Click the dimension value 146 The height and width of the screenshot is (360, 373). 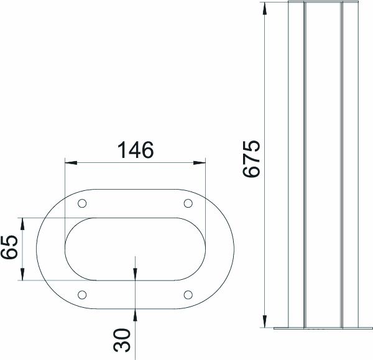[x=136, y=150]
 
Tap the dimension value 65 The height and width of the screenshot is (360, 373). [x=9, y=248]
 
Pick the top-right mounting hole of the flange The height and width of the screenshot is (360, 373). [x=188, y=203]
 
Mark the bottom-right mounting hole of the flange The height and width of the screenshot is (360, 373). [x=188, y=294]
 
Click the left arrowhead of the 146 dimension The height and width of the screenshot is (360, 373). [x=70, y=163]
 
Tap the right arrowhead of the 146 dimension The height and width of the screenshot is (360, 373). [x=201, y=163]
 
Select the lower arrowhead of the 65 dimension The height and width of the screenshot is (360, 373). [x=23, y=275]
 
